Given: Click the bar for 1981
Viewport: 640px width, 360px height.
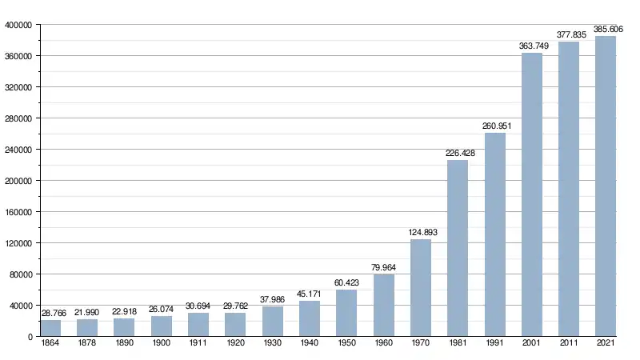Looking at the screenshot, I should click(x=458, y=248).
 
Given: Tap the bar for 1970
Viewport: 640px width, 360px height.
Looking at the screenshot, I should click(x=421, y=288).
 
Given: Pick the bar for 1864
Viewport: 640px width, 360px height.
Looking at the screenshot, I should click(x=50, y=329).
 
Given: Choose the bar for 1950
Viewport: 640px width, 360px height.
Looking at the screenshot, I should click(x=346, y=313).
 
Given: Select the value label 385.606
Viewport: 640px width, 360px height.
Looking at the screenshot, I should click(x=606, y=29).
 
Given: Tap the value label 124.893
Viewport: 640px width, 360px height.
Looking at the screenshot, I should click(x=421, y=232).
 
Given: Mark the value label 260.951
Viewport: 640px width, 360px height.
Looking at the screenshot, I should click(x=495, y=126).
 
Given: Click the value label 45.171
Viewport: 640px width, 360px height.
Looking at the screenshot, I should click(x=310, y=294).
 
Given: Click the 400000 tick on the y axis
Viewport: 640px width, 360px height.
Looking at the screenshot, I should click(x=18, y=25).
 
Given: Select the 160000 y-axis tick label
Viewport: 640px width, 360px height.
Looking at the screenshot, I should click(x=18, y=212).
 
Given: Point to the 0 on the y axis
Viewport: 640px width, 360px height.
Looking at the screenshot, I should click(x=29, y=337).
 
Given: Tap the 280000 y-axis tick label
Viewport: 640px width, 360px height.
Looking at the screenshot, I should click(x=18, y=118).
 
